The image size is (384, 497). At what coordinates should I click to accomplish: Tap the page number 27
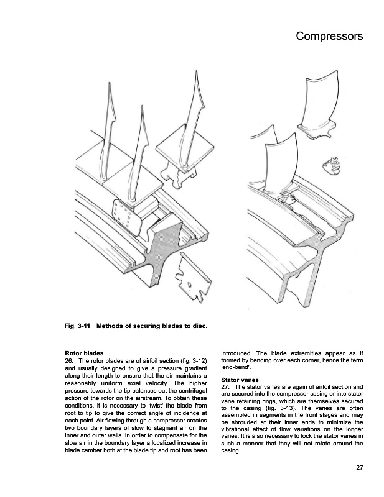coord(358,467)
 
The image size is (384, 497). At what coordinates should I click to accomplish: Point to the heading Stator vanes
coord(243,378)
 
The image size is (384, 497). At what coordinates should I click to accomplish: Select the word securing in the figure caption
coord(148,326)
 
